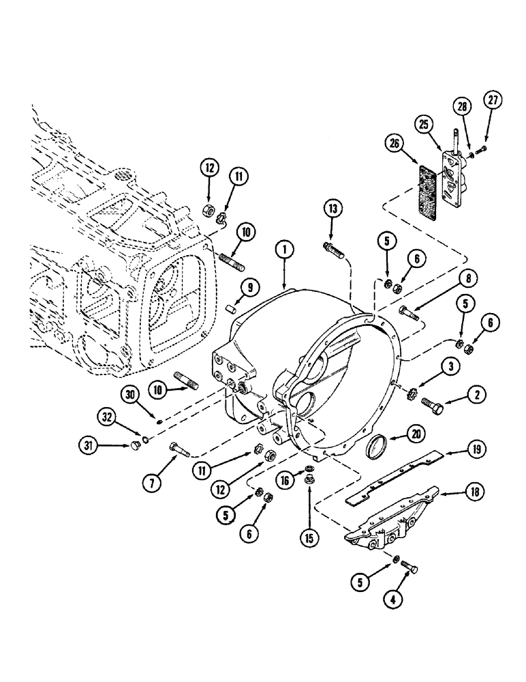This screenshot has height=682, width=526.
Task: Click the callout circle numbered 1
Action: coord(283,252)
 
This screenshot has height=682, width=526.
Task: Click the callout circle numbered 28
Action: coord(463,106)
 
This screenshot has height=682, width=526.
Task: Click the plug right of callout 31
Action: coord(135,447)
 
